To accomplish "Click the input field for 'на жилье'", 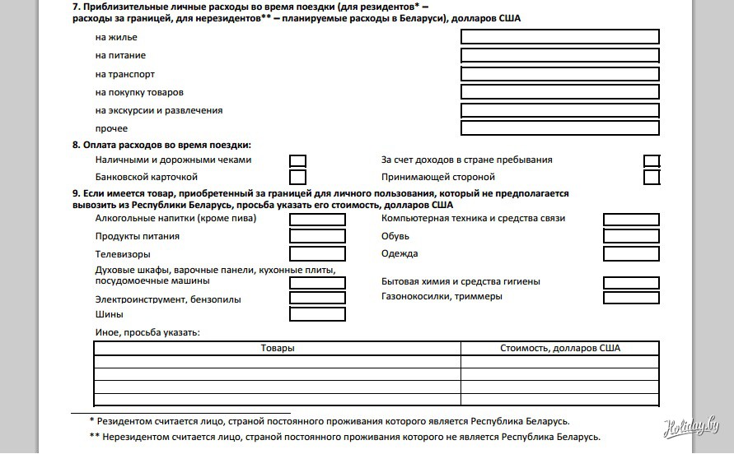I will [560, 37].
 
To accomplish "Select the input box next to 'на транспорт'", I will [560, 74].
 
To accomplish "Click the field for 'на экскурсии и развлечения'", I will [560, 110].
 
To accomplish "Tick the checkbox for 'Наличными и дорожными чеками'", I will [298, 161].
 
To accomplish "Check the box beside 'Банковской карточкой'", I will [298, 177].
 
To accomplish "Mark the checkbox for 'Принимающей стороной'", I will [652, 177].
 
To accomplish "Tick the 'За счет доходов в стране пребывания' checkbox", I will [652, 161].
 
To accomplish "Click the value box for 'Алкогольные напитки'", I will [318, 220].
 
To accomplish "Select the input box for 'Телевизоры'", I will [318, 254].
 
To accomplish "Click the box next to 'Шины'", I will [318, 314].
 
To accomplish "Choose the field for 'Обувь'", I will [631, 237].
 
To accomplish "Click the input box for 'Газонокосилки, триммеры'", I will [631, 298].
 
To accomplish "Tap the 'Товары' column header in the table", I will [278, 349].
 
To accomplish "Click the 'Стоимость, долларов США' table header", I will [560, 349].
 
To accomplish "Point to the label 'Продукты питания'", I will [138, 237].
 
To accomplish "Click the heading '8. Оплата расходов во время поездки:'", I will [161, 145].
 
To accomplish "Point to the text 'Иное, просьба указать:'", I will [148, 332].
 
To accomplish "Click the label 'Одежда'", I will [400, 254].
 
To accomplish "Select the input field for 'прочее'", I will [560, 128].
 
